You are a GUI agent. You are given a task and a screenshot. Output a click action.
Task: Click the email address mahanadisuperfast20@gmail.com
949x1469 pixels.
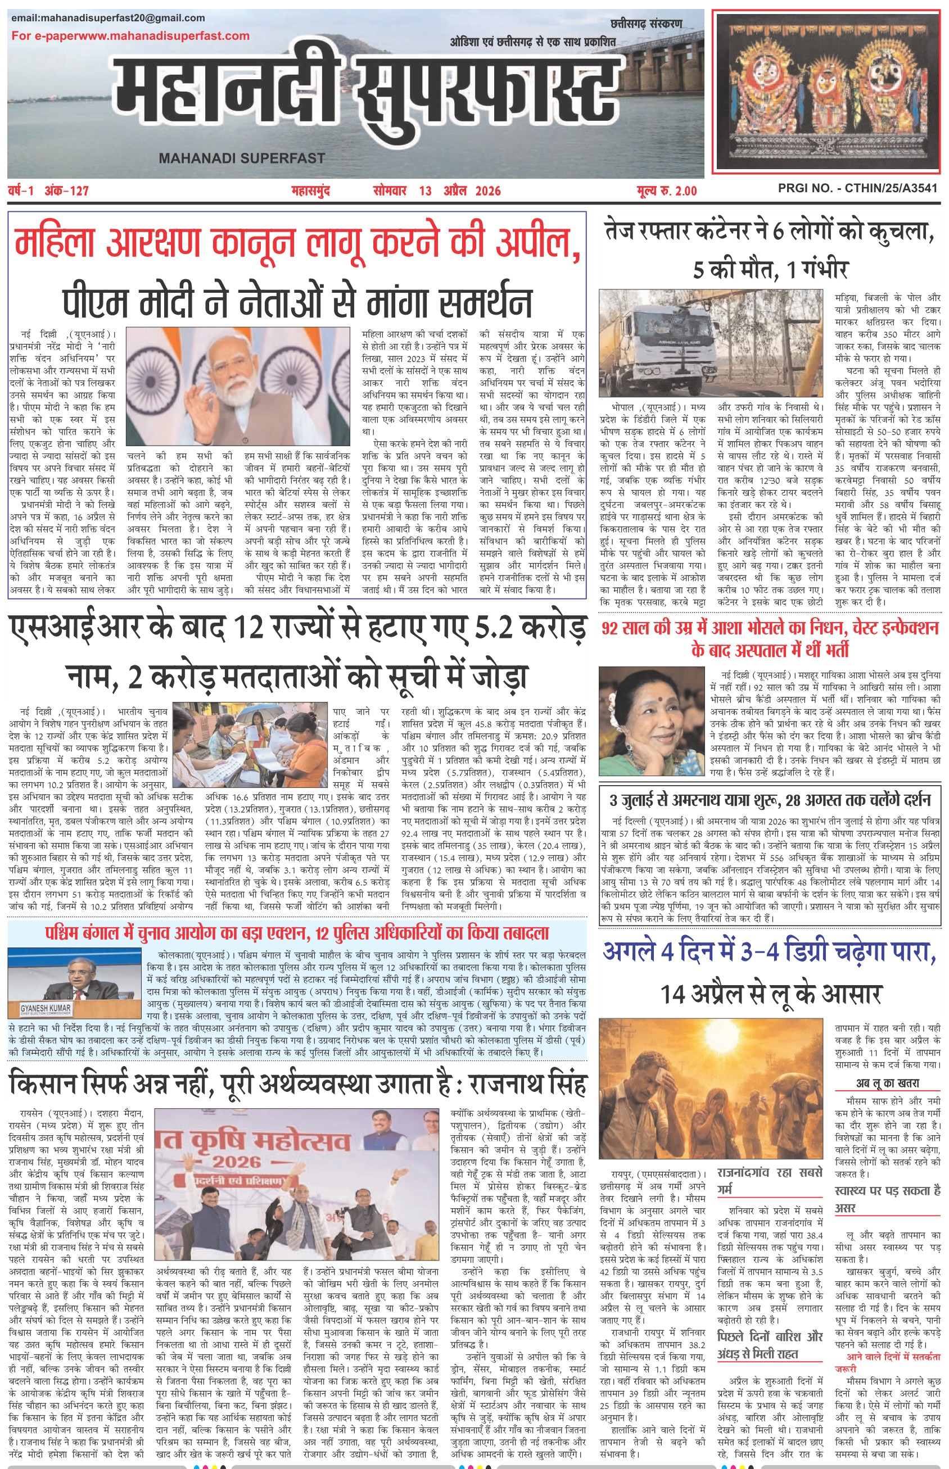[108, 18]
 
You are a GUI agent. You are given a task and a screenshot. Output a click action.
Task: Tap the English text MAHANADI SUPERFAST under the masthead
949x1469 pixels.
[242, 158]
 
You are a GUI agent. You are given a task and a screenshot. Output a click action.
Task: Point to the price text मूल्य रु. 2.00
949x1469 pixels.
[667, 191]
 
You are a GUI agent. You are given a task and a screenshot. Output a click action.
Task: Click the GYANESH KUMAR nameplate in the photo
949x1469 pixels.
[46, 1009]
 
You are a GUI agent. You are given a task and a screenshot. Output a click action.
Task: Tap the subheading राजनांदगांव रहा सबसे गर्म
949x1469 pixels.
[770, 1180]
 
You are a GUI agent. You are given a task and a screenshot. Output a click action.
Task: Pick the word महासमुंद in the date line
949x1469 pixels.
[310, 191]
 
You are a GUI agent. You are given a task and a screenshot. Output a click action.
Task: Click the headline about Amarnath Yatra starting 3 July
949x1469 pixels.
[770, 801]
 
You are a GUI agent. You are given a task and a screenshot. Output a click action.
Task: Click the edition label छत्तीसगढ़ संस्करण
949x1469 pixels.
[647, 24]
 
